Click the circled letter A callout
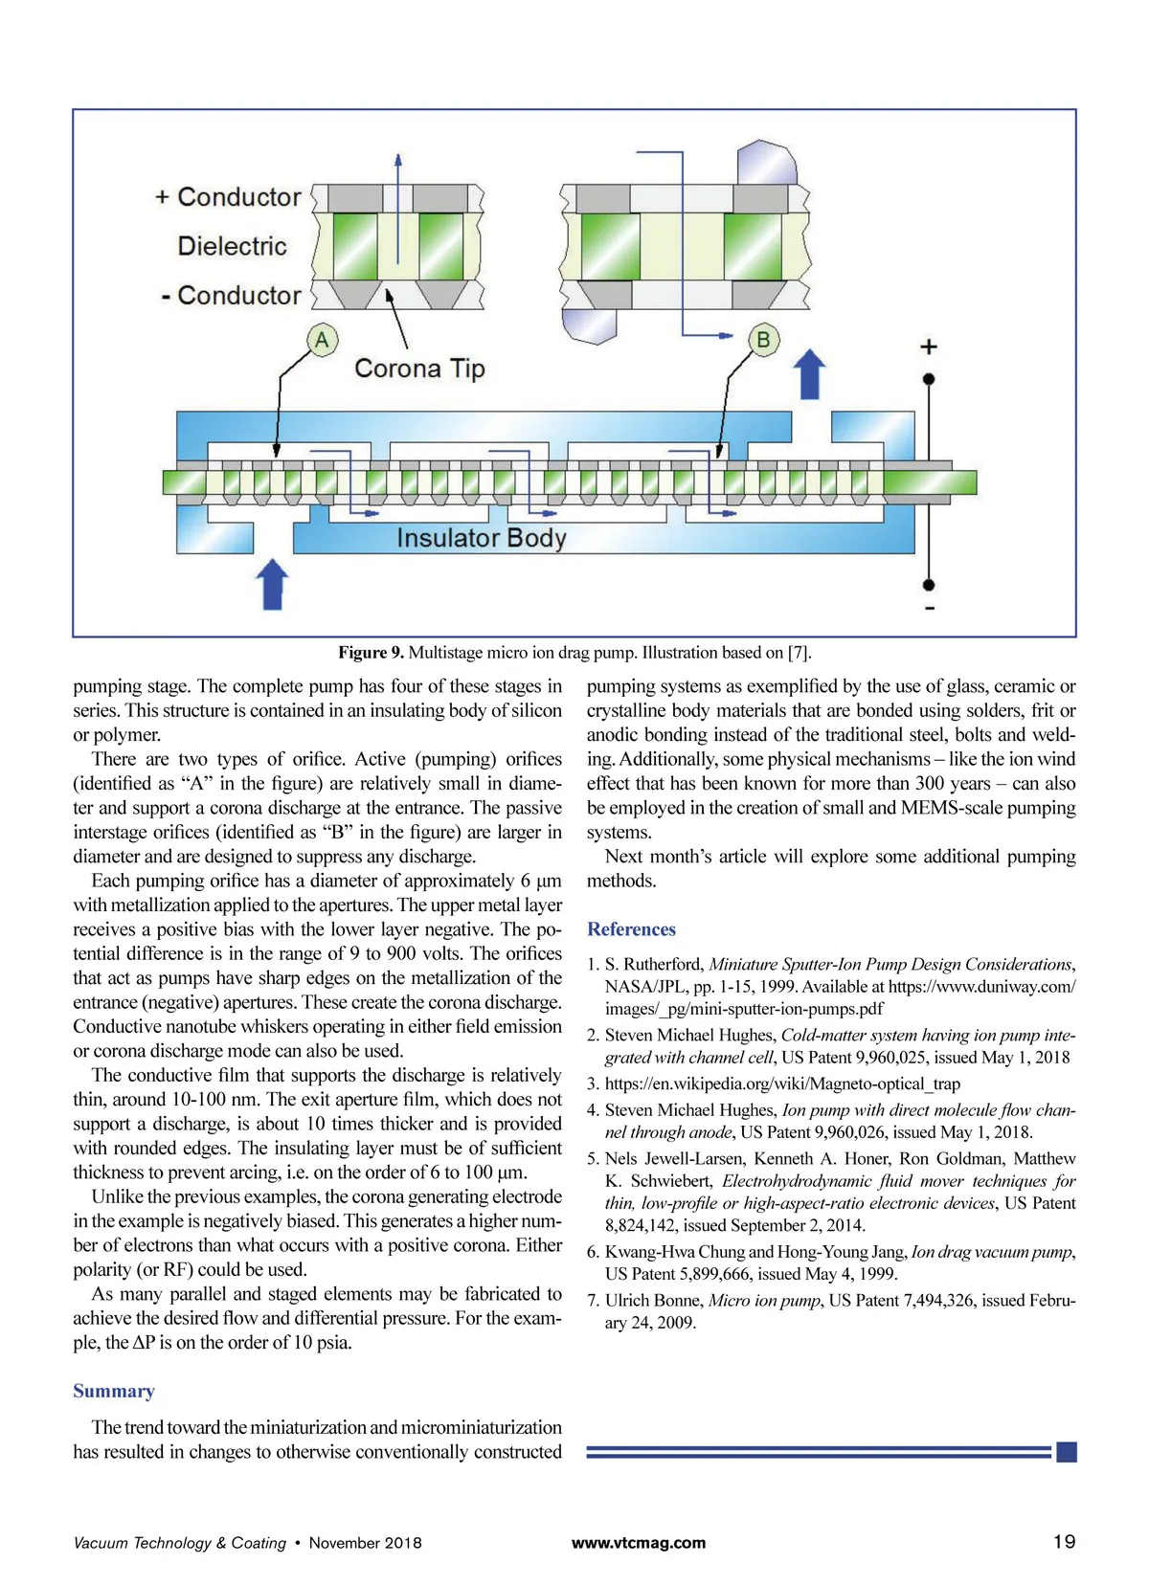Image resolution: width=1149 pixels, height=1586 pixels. click(x=322, y=340)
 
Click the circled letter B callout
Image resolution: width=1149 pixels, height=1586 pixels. click(x=763, y=340)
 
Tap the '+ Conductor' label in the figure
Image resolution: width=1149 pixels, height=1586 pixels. click(x=229, y=197)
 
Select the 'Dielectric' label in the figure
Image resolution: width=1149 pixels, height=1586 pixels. click(x=232, y=246)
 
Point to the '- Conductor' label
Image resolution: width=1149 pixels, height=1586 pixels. click(x=231, y=296)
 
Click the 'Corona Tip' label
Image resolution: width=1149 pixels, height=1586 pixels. click(x=419, y=369)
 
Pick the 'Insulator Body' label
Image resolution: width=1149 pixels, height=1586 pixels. click(x=482, y=538)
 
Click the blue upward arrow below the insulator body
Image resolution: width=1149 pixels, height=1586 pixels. click(x=273, y=584)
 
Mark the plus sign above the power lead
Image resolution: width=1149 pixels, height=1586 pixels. click(x=928, y=346)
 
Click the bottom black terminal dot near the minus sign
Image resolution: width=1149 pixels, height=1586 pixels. click(x=928, y=585)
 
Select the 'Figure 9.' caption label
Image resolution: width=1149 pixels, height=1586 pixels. click(x=371, y=653)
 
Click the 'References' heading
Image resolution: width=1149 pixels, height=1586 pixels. click(x=631, y=929)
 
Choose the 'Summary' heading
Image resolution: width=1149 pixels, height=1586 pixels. click(x=114, y=1391)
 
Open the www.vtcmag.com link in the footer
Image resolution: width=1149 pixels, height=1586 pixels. click(x=638, y=1543)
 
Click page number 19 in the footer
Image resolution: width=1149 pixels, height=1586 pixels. click(x=1064, y=1542)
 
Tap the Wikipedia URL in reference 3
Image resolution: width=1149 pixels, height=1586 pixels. click(x=782, y=1083)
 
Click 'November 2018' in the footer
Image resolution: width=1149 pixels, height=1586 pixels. click(x=365, y=1543)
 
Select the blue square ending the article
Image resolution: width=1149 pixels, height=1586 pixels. click(x=1066, y=1452)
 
